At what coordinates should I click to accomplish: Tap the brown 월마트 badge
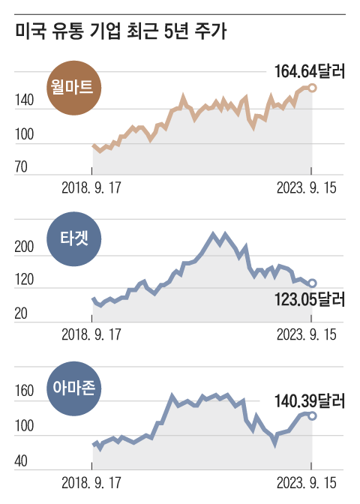(x=73, y=86)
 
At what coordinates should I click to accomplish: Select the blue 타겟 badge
(x=72, y=240)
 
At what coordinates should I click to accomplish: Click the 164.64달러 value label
(x=307, y=72)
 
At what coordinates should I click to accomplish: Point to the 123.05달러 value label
(x=307, y=301)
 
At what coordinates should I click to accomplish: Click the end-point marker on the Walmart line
(x=312, y=88)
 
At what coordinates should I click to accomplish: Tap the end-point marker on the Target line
(x=312, y=283)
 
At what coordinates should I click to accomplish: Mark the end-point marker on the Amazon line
(x=312, y=415)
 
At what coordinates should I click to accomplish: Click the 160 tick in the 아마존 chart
(x=24, y=391)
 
